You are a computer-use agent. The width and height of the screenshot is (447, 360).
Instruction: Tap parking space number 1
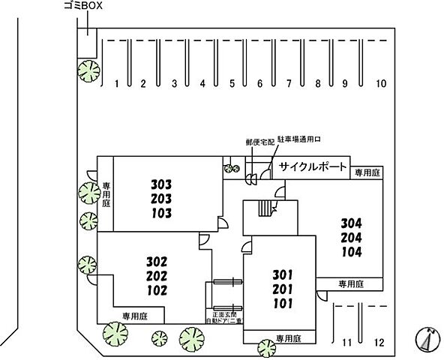pos(117,84)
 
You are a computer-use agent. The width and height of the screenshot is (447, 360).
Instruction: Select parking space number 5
pos(232,84)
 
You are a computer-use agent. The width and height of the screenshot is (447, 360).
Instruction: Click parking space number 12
pos(379,343)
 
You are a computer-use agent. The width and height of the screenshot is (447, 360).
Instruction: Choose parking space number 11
pos(346,343)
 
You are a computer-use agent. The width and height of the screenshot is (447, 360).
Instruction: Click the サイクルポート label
pos(313,166)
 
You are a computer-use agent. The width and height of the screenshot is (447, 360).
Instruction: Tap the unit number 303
pos(161,184)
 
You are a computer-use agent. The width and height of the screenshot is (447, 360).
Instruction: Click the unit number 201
pos(283,288)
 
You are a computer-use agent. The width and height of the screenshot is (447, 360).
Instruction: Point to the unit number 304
pos(351,223)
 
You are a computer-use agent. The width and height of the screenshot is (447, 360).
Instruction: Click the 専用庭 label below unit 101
pos(287,337)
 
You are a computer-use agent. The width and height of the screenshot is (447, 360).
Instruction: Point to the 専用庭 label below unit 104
pos(350,283)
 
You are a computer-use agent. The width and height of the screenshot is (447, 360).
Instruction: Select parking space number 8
pos(318,84)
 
